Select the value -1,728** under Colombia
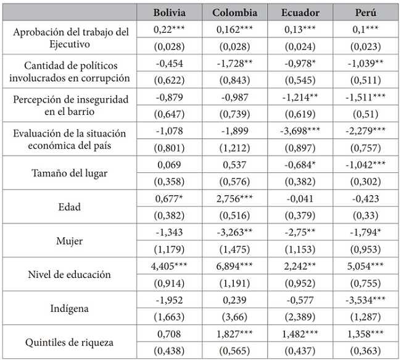[x=236, y=64]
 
